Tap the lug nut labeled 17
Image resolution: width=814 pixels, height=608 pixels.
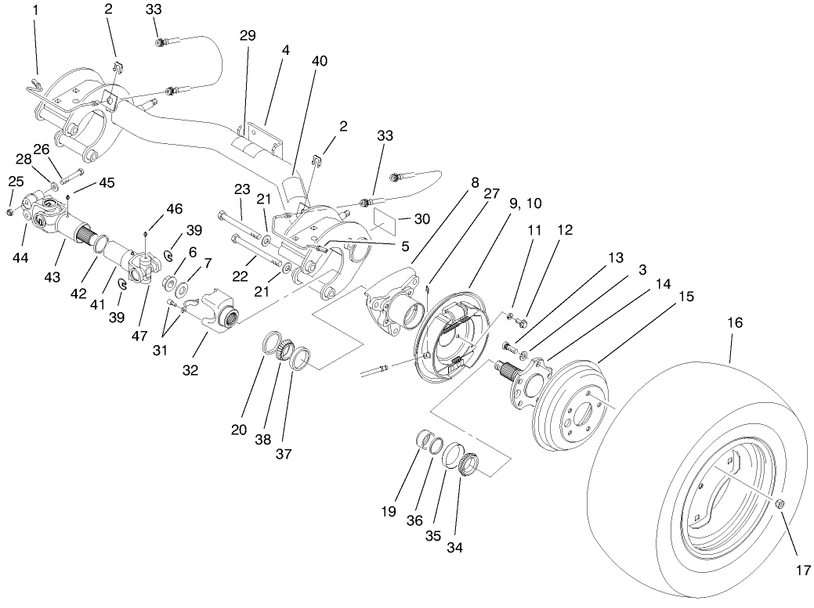(782, 505)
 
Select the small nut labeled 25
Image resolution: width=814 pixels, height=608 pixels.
(9, 213)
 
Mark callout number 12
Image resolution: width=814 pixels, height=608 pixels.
(564, 230)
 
